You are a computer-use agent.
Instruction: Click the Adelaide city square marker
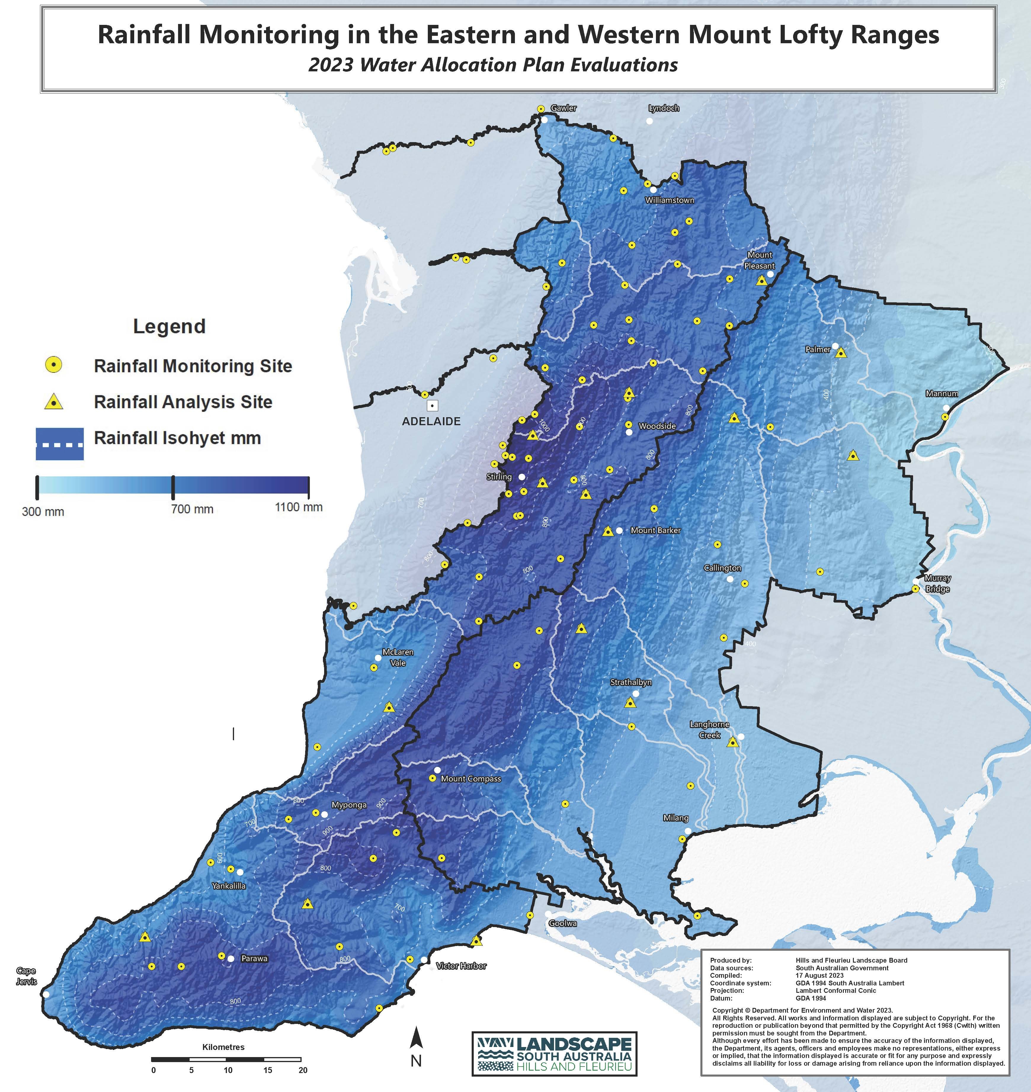point(433,406)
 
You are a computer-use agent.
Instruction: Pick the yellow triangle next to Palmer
point(841,353)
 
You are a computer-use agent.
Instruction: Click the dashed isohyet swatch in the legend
point(59,444)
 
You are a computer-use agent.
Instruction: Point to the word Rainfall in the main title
point(144,35)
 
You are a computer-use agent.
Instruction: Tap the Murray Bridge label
point(937,583)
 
